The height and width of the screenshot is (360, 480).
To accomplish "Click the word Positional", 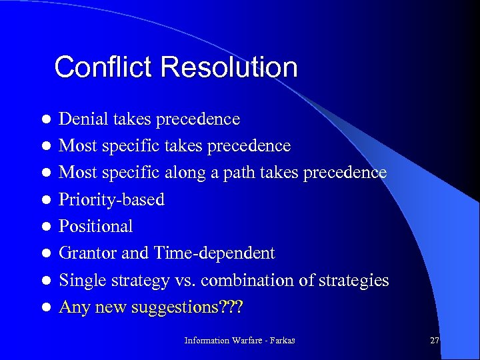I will tap(96, 227).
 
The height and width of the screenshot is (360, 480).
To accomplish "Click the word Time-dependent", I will tap(214, 253).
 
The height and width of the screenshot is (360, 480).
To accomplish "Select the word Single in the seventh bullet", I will tap(79, 281).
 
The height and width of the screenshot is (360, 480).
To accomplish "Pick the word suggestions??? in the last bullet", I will tap(197, 308).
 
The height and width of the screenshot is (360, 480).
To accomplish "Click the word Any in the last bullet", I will tap(73, 307).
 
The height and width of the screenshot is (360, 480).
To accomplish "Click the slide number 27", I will tap(435, 340).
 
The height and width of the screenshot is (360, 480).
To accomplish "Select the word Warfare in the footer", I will tap(248, 341).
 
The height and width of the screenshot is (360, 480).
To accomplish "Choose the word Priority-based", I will tap(111, 200).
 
